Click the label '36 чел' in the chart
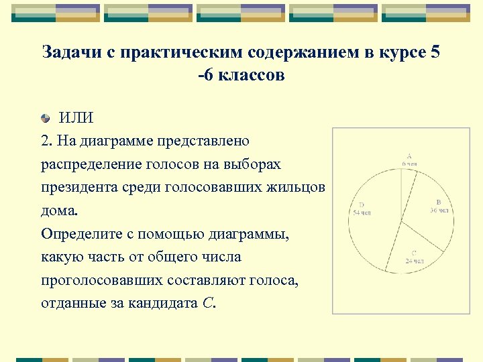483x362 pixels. (439, 210)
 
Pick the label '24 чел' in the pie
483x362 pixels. (414, 260)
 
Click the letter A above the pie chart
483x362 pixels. (409, 156)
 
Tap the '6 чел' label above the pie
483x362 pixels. (409, 163)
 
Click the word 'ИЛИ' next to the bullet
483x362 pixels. (76, 118)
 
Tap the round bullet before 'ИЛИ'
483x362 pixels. (45, 119)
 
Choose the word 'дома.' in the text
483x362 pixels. (59, 210)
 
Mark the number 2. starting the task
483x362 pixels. (46, 141)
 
